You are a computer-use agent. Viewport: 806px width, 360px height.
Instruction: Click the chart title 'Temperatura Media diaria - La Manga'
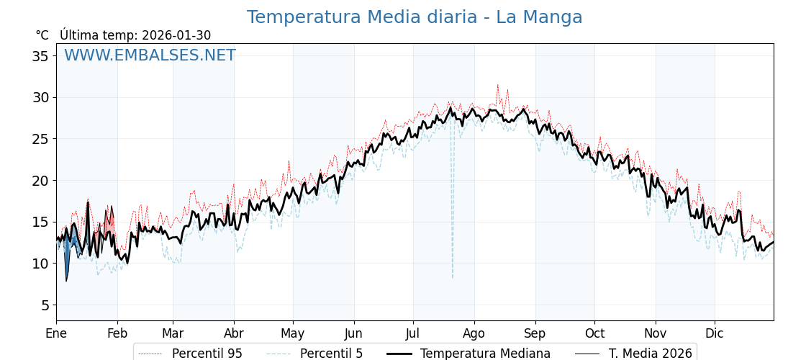[415, 17]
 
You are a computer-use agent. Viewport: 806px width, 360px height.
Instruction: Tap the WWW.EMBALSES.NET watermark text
[150, 55]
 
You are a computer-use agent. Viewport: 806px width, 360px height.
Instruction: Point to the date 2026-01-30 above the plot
[176, 35]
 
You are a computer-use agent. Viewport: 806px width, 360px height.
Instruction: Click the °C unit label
[42, 35]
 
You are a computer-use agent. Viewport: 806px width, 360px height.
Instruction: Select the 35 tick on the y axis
[40, 56]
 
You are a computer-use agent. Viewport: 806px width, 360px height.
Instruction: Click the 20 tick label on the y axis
[40, 181]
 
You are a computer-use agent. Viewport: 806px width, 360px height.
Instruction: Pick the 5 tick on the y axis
[45, 305]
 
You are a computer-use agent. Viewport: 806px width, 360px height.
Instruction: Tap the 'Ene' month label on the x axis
[56, 334]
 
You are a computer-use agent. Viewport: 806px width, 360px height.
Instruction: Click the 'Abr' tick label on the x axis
[234, 334]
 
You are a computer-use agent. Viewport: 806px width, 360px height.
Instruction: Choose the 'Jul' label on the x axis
[413, 334]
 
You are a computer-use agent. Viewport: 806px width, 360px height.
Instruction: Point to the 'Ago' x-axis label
[474, 334]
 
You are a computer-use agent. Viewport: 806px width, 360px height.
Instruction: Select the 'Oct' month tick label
[594, 334]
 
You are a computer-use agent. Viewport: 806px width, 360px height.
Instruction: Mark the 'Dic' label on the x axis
[715, 334]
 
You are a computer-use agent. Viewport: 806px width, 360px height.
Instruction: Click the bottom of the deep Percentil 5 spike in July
[453, 278]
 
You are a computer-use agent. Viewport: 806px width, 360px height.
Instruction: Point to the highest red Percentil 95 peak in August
[497, 85]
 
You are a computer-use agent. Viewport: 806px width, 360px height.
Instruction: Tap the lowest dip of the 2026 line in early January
[66, 281]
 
